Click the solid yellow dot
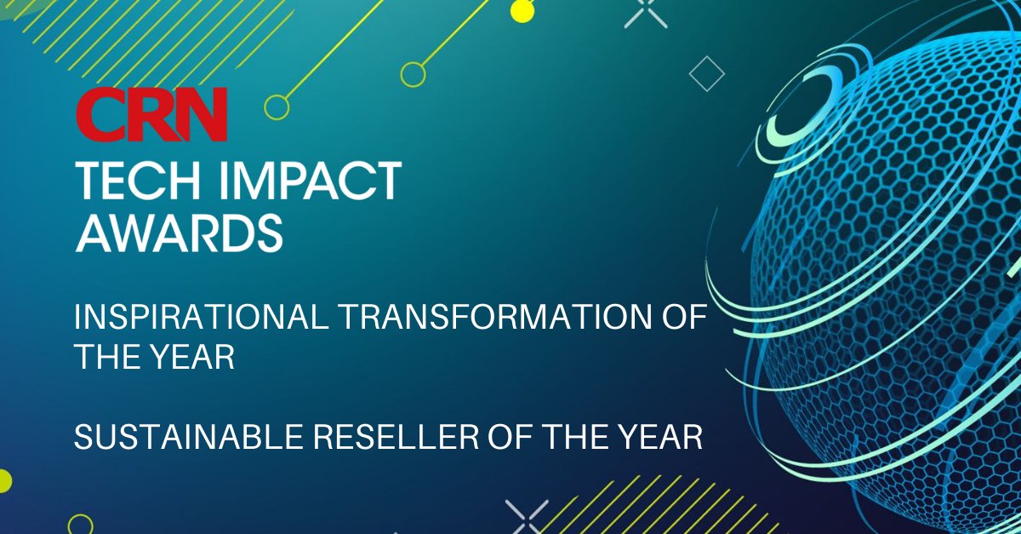coord(522,11)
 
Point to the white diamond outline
coord(706,74)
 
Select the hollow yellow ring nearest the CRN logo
coord(277,106)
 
